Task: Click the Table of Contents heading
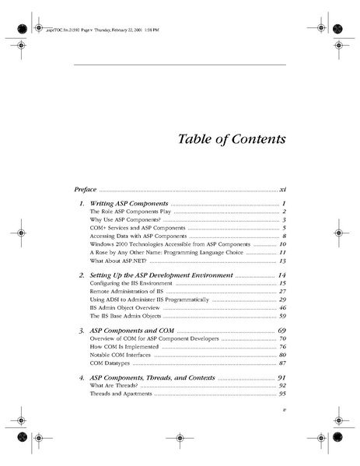(x=222, y=139)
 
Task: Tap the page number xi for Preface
(x=283, y=189)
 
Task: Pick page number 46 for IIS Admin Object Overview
(x=283, y=308)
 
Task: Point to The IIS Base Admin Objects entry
(x=125, y=317)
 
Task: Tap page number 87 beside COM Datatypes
(x=283, y=364)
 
